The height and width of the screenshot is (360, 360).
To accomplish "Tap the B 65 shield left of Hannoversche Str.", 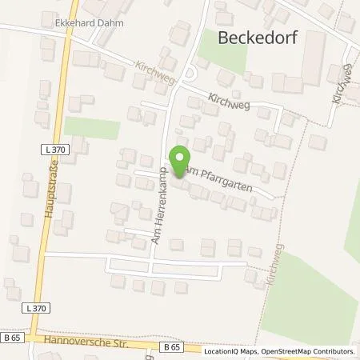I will pos(11,338).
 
